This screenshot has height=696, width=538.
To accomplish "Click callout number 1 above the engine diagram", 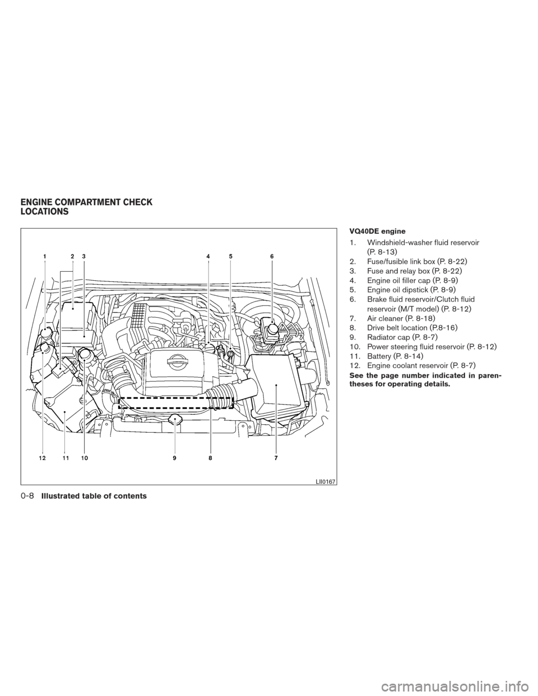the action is [45, 257].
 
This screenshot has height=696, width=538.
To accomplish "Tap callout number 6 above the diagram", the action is [272, 257].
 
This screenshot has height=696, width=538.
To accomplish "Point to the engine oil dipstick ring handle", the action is [230, 354].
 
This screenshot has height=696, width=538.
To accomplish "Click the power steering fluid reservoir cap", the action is [85, 355].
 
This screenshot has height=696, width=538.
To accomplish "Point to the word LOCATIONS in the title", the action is [44, 212].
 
